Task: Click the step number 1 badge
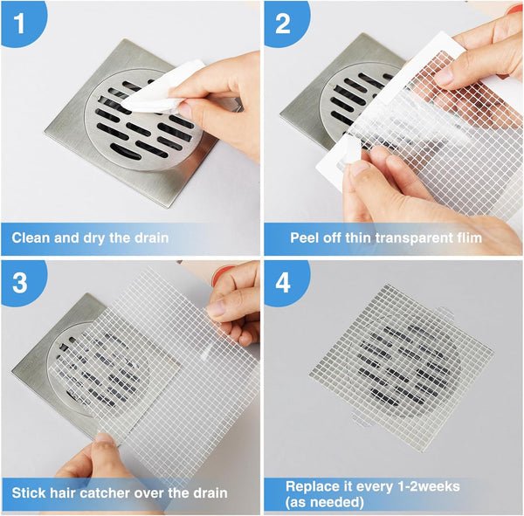tap(19, 21)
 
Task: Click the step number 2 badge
tap(282, 22)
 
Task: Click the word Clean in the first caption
tap(32, 237)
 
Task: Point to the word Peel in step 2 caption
tap(305, 237)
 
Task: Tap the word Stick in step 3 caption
tap(31, 493)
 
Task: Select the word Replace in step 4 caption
tap(312, 486)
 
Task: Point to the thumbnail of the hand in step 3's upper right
tap(233, 301)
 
